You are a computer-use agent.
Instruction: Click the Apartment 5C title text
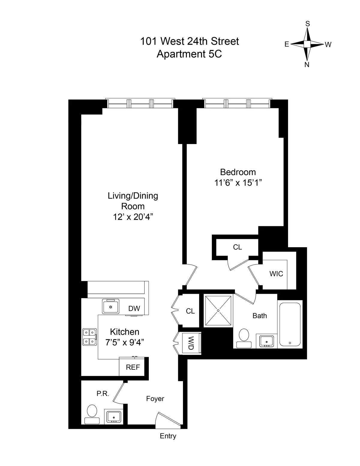click(x=189, y=54)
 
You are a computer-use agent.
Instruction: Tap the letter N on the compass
click(x=307, y=65)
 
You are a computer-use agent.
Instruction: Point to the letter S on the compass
click(x=307, y=24)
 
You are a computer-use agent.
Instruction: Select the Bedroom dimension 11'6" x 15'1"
click(x=238, y=183)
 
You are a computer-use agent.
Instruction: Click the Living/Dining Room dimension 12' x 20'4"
click(x=133, y=217)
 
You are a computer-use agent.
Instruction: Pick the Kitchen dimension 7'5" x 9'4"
click(x=124, y=342)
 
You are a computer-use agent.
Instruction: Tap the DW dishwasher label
click(x=134, y=308)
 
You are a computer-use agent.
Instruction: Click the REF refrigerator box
click(x=133, y=367)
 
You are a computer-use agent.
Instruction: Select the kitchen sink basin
click(x=111, y=307)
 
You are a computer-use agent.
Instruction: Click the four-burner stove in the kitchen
click(x=90, y=337)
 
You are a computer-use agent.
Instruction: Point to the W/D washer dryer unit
click(x=190, y=343)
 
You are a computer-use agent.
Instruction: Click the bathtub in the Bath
click(x=290, y=324)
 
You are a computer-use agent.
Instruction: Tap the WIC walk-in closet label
click(x=276, y=274)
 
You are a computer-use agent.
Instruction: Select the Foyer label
click(x=155, y=398)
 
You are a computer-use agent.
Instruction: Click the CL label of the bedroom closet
click(x=237, y=247)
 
